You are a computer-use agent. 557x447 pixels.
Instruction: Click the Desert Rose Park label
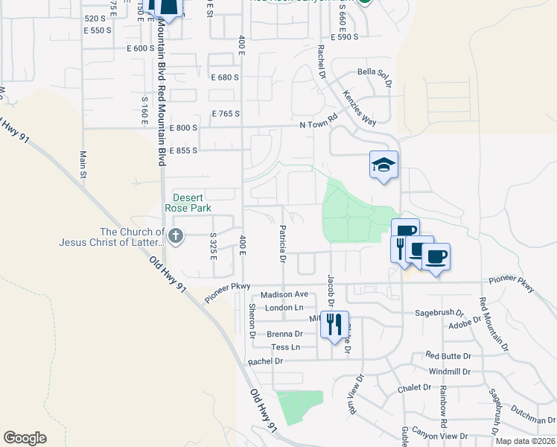(x=192, y=203)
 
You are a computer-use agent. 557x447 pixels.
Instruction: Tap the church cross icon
(x=176, y=237)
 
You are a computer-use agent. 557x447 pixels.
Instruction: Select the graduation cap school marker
(x=384, y=164)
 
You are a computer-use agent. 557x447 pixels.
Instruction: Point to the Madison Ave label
(x=284, y=294)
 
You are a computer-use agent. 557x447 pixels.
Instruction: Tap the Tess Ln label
(x=285, y=347)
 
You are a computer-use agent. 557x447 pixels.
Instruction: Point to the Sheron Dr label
(x=252, y=321)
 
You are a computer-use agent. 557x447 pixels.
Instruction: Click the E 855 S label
(x=182, y=150)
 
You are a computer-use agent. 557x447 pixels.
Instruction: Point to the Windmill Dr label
(x=449, y=370)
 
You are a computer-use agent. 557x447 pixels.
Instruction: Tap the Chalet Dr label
(x=416, y=387)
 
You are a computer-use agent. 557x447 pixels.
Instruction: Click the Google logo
(x=25, y=438)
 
